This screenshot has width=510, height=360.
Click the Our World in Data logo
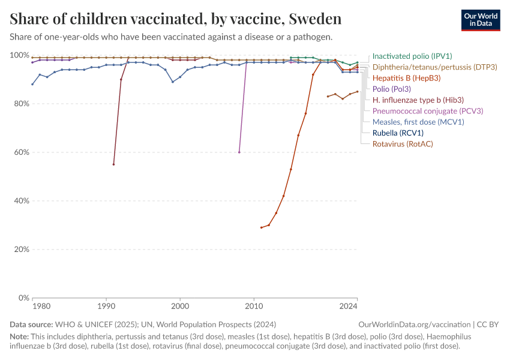coord(481,20)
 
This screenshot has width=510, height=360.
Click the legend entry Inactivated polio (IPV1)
coord(412,56)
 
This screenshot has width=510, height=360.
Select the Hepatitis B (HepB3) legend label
coord(406,78)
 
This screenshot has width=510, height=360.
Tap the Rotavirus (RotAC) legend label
coord(403,144)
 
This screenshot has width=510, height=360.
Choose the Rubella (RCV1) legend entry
coord(398,133)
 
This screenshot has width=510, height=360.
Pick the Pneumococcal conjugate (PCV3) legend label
coord(428,111)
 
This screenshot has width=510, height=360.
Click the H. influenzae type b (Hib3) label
coord(418,100)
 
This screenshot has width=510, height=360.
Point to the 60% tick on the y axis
coord(22,152)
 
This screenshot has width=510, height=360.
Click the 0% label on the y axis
coord(24,298)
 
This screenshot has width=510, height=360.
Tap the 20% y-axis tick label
coord(22,250)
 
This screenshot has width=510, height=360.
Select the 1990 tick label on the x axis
coord(106,307)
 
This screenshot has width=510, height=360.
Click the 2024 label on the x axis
coord(349,307)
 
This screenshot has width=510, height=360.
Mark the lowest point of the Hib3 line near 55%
coord(113,164)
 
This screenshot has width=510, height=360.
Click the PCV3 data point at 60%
coord(239,152)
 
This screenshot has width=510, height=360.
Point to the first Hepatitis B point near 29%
coord(261,227)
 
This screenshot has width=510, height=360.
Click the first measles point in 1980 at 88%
coord(32,84)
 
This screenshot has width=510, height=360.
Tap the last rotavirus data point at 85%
coord(358,91)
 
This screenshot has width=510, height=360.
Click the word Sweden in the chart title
coord(315,19)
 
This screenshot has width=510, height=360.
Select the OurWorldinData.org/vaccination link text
coord(415,325)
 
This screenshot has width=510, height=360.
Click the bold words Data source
coord(31,325)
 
